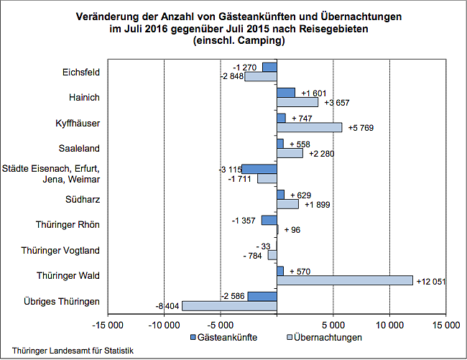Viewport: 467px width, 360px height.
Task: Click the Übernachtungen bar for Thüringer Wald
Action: [x=345, y=280]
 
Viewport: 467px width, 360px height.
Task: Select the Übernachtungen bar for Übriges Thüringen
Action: [x=229, y=306]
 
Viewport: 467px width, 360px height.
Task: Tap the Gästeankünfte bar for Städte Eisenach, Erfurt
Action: [x=259, y=169]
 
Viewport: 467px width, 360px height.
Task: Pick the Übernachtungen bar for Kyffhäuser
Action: [x=310, y=127]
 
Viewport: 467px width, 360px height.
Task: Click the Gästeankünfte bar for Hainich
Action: [x=286, y=93]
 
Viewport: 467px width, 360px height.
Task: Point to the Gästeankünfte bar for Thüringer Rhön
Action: [x=269, y=220]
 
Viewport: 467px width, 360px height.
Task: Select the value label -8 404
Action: [x=168, y=306]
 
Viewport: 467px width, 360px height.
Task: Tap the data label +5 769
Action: [x=363, y=128]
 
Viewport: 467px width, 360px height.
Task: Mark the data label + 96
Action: [x=292, y=230]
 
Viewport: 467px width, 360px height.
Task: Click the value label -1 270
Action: [x=245, y=68]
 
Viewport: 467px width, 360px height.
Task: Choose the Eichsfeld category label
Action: [x=81, y=72]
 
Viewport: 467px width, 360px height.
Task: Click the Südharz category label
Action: [x=83, y=199]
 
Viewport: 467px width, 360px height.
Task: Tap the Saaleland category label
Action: [x=79, y=148]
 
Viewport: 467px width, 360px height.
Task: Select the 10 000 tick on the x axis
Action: [x=389, y=325]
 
